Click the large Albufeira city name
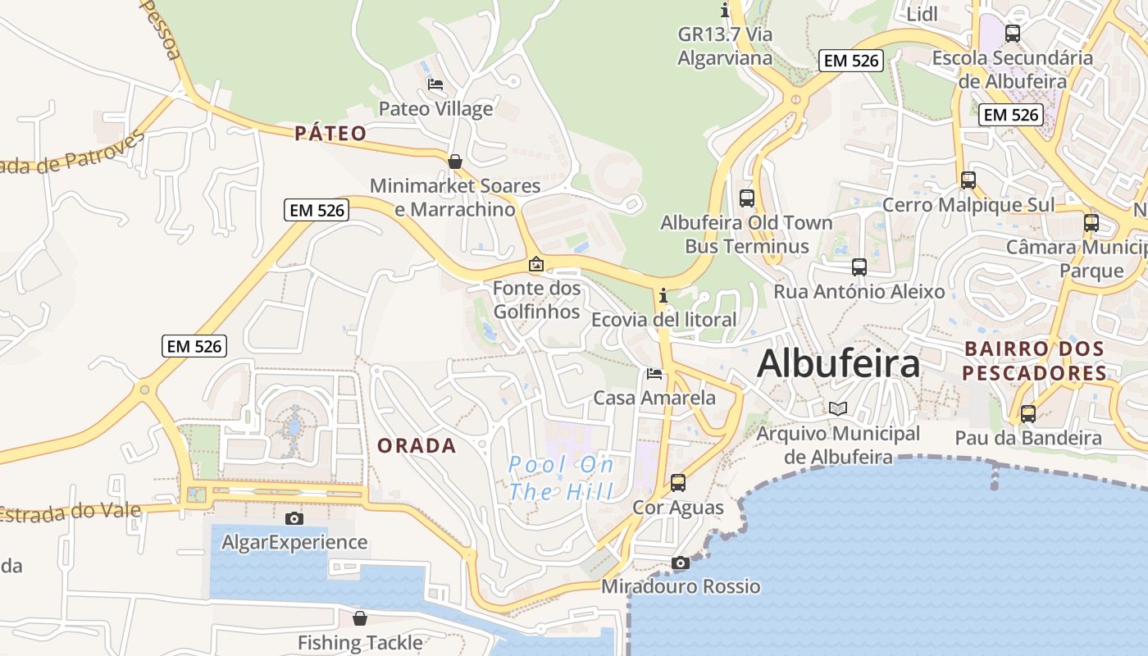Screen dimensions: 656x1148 click(x=838, y=363)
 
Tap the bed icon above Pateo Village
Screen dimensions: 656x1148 click(x=435, y=84)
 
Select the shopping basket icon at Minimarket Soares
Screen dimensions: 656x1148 click(x=455, y=162)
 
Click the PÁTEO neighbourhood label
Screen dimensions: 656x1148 click(x=331, y=134)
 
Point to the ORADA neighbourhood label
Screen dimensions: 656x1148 click(x=417, y=445)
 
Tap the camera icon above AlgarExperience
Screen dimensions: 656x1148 click(x=294, y=518)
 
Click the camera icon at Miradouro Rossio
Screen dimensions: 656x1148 click(x=680, y=563)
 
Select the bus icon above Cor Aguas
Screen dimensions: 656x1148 click(x=678, y=482)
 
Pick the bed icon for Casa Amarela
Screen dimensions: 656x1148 click(x=654, y=374)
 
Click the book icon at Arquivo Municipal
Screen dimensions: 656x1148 click(x=837, y=408)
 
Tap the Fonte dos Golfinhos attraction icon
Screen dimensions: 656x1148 click(x=536, y=264)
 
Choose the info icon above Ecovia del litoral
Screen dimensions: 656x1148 click(x=663, y=295)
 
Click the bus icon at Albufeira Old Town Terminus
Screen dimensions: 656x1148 click(x=746, y=198)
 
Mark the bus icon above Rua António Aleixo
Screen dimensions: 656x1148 click(x=859, y=266)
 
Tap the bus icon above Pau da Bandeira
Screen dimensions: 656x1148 click(x=1028, y=413)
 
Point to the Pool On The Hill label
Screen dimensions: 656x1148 click(x=562, y=478)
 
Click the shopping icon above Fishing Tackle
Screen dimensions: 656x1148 click(x=360, y=618)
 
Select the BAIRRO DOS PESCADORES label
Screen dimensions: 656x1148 click(x=1035, y=361)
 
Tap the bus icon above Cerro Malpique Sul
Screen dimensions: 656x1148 click(x=968, y=180)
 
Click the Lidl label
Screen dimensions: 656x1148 click(x=922, y=14)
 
